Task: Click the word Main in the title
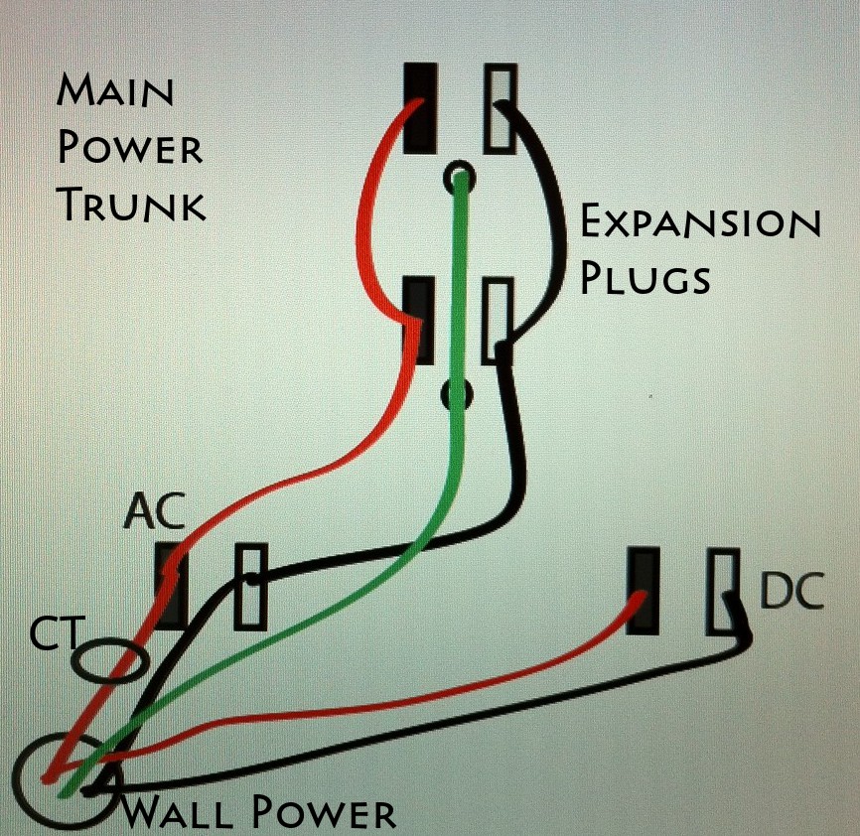[x=115, y=90]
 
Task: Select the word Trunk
[x=133, y=204]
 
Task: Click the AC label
[x=154, y=512]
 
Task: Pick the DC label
[x=791, y=591]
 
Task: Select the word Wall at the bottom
[x=177, y=812]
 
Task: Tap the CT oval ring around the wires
[x=74, y=660]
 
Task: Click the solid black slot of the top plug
[x=421, y=108]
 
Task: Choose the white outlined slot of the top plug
[x=500, y=108]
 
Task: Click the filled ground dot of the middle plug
[x=457, y=394]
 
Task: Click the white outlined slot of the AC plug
[x=250, y=587]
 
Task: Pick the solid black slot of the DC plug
[x=643, y=591]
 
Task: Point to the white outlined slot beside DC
[x=722, y=591]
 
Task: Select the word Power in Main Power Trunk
[x=130, y=147]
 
